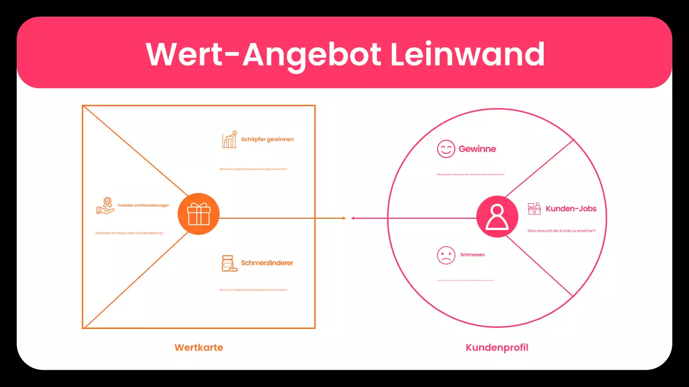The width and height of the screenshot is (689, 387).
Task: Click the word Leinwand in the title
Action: click(467, 54)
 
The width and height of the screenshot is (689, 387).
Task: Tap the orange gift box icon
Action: click(199, 214)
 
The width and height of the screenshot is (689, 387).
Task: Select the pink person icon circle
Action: click(497, 217)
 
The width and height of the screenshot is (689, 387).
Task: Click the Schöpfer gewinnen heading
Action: click(268, 139)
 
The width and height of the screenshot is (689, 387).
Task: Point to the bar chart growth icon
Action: click(230, 139)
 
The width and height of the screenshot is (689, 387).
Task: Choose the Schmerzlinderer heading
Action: click(267, 263)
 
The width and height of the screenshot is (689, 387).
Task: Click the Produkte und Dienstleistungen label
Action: click(143, 205)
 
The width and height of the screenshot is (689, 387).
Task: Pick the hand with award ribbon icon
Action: click(106, 205)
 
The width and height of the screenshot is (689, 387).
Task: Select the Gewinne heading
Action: click(477, 149)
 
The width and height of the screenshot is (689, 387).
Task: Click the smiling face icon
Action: click(446, 149)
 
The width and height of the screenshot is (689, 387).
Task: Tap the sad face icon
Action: click(446, 255)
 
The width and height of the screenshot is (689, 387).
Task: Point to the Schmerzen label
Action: click(473, 255)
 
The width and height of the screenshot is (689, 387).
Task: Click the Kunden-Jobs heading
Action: click(571, 209)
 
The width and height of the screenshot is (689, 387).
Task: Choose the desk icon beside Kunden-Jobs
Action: click(534, 209)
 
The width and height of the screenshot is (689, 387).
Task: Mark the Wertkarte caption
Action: click(199, 347)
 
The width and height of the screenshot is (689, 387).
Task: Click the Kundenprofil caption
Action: click(497, 347)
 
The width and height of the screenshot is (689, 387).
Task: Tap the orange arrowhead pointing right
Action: click(343, 218)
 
